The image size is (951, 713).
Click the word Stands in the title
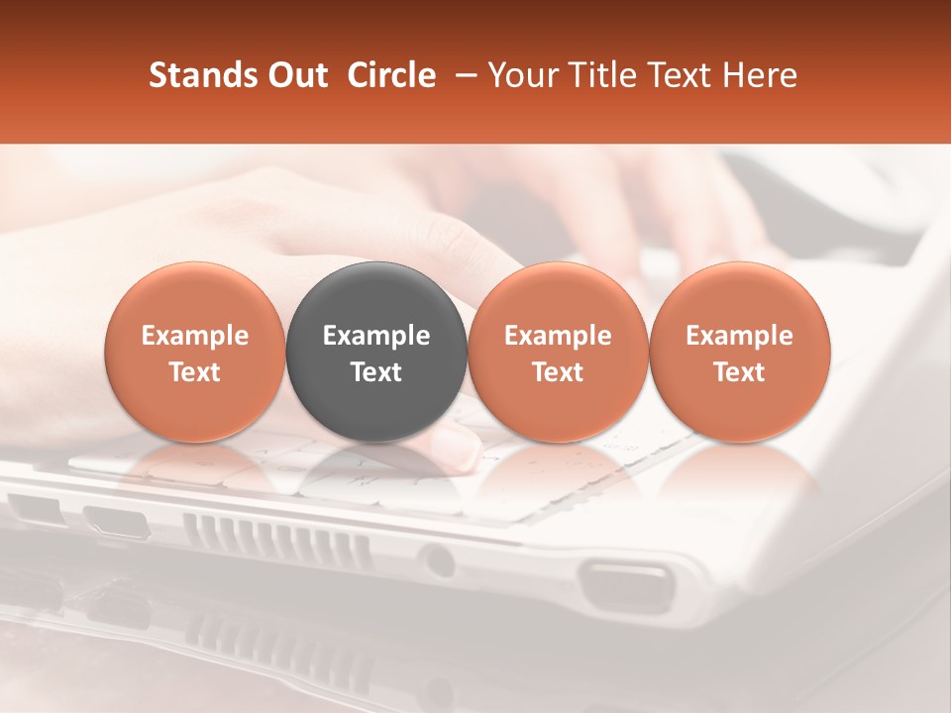point(197,75)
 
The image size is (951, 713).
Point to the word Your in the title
point(519,75)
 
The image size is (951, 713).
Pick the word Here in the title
point(761,75)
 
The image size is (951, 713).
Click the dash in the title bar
point(463,75)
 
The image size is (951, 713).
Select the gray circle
point(376,352)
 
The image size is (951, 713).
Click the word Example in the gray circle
point(376,336)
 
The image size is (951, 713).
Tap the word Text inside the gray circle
point(376,372)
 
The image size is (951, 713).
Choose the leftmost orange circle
point(195,352)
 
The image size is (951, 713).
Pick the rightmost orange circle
point(740,352)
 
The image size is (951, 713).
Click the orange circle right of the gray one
point(558,352)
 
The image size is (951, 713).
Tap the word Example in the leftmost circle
point(195,336)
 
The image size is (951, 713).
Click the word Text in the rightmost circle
point(740,372)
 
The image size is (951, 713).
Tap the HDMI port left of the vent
point(117,520)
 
